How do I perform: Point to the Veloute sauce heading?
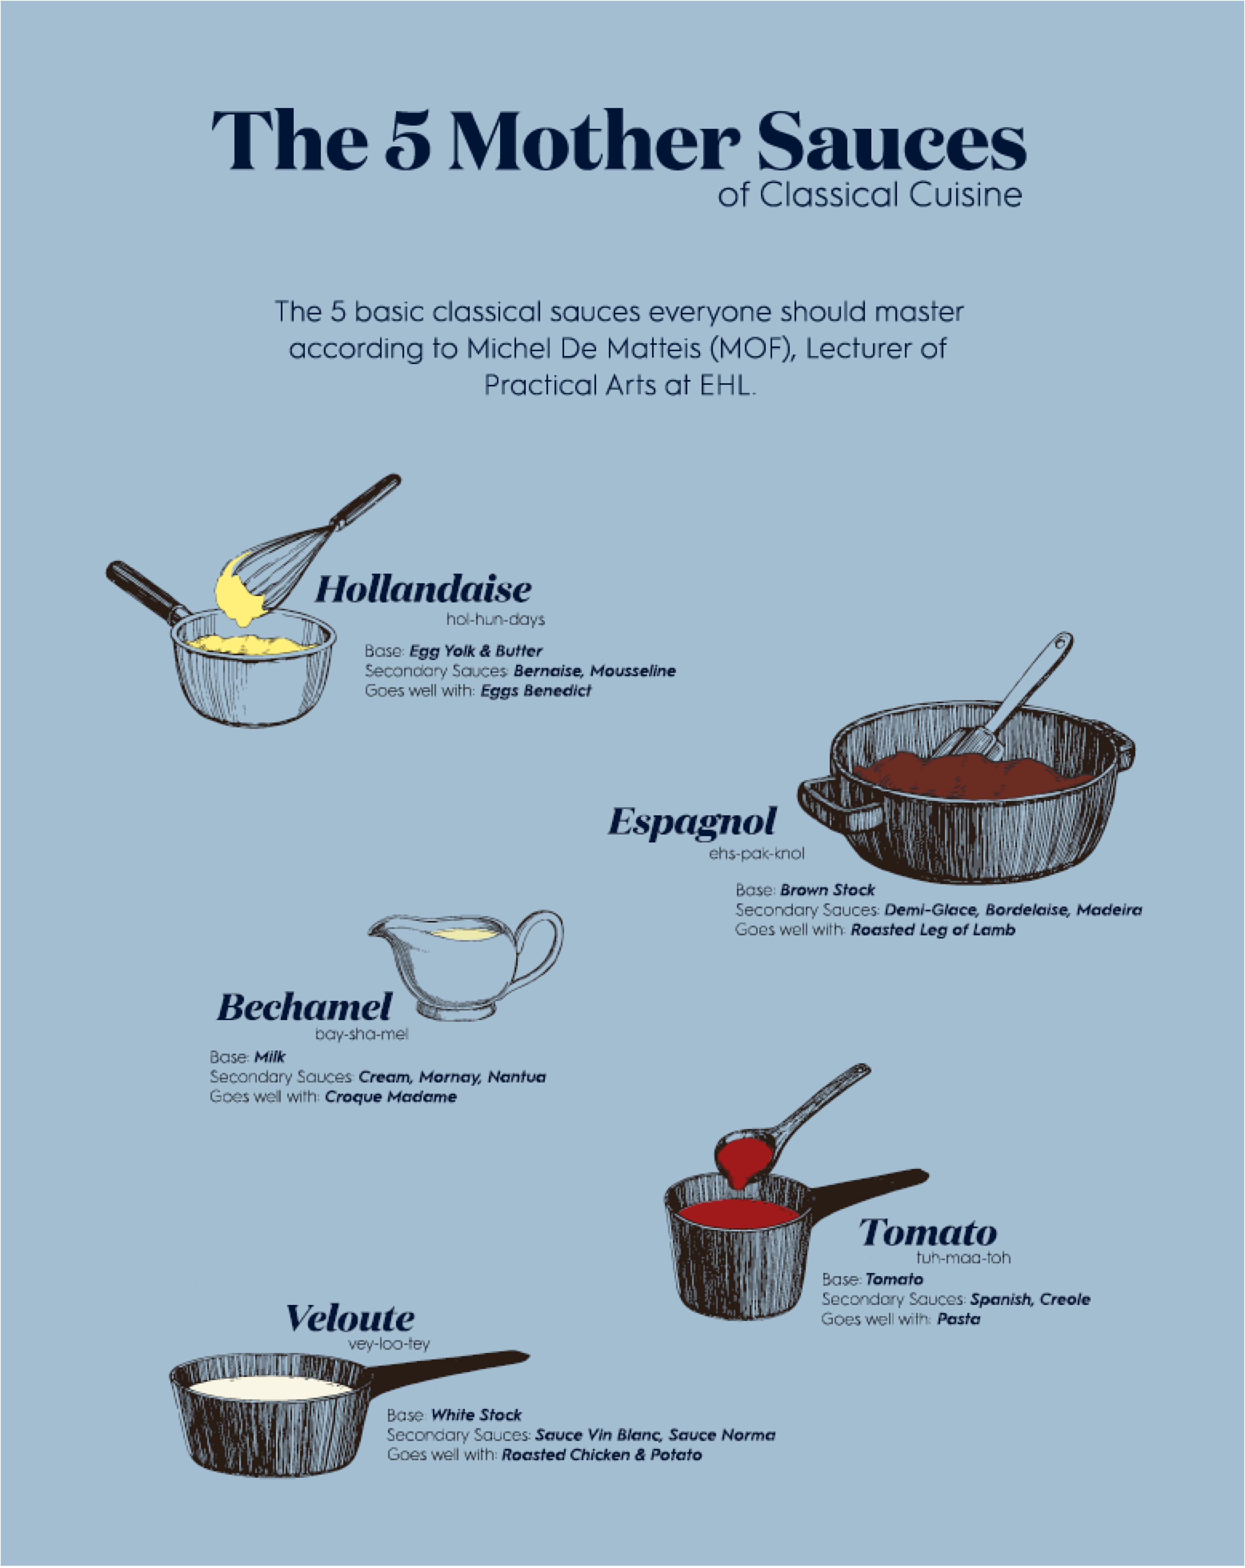350,1318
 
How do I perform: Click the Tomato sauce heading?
928,1233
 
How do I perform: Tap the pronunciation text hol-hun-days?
495,620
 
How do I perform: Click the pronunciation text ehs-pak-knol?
756,853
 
